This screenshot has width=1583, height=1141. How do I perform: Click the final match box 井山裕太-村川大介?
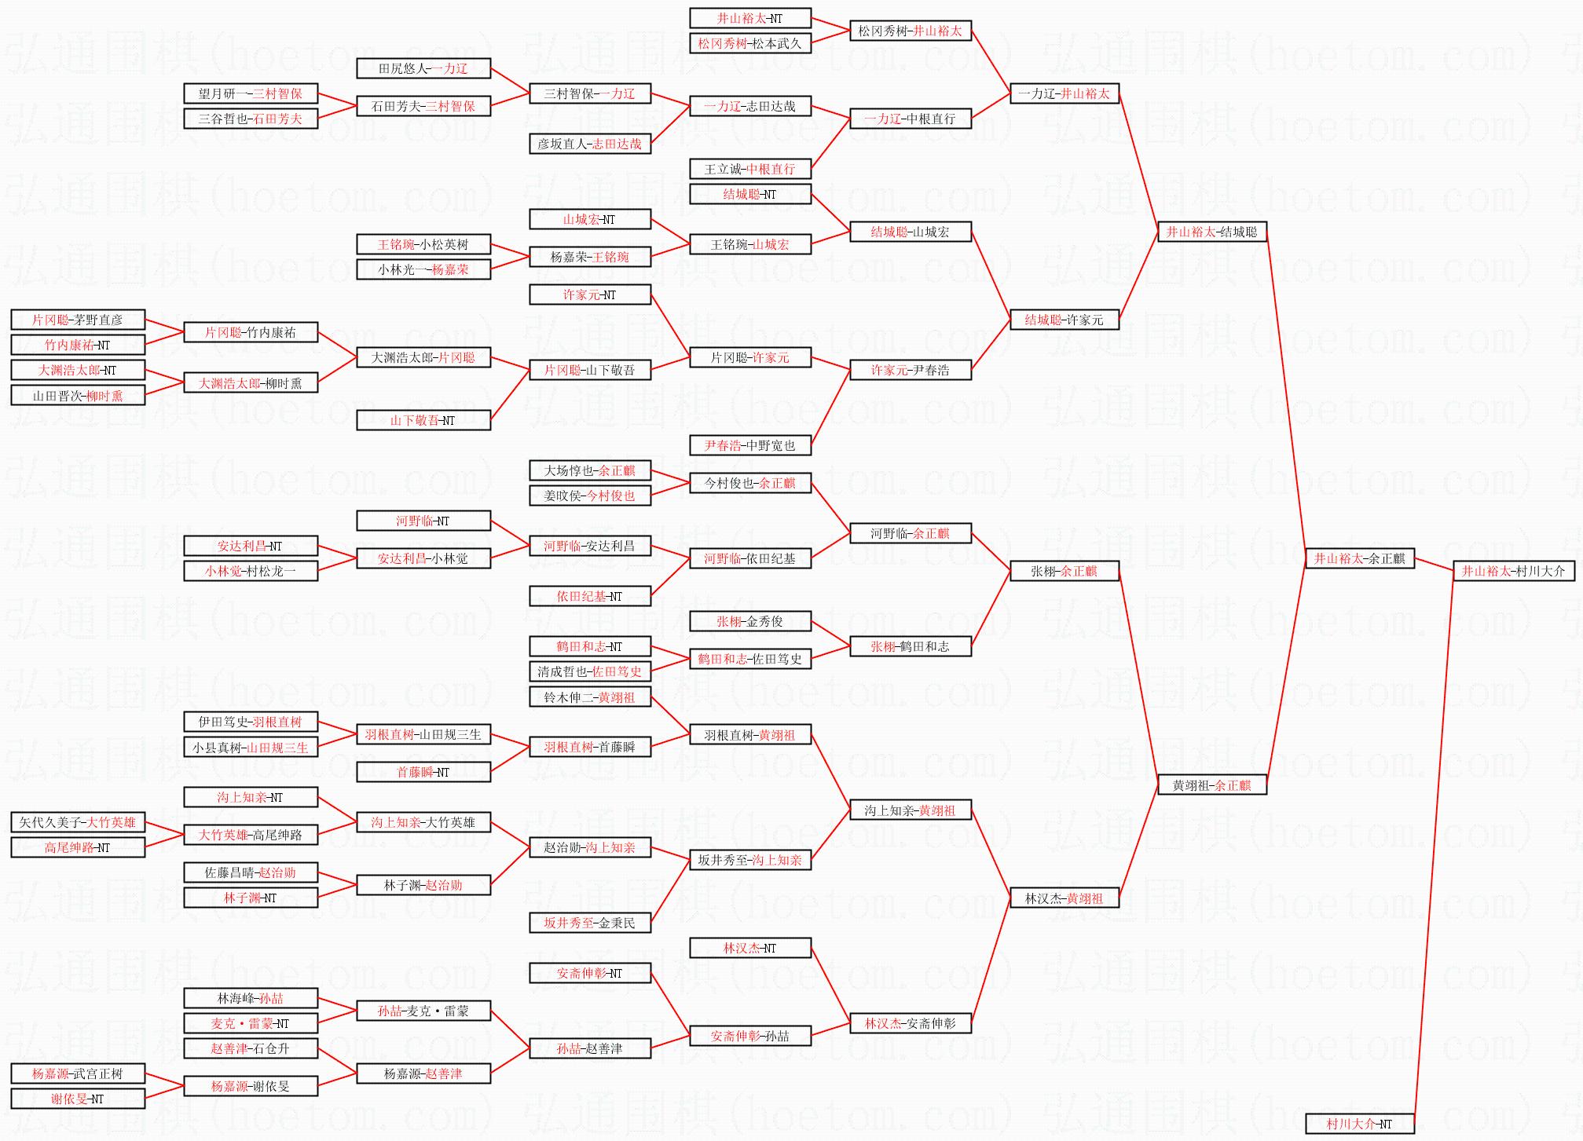(1513, 572)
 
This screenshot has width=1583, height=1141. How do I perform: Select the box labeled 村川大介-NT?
(1359, 1124)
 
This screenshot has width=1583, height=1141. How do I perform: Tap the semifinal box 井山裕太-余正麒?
(1359, 559)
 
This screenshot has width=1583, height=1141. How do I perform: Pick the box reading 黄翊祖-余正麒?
(1211, 785)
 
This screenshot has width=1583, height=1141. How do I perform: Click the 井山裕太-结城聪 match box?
(1211, 232)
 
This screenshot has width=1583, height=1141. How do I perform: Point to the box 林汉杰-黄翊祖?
(1064, 898)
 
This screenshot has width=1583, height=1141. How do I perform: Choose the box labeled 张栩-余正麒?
(1064, 572)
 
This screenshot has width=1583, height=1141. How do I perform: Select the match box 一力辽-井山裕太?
(1064, 94)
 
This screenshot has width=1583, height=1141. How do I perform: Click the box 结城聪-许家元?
(1064, 320)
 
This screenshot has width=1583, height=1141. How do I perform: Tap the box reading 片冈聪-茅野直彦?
(77, 320)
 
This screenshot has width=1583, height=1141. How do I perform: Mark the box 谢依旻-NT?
(77, 1099)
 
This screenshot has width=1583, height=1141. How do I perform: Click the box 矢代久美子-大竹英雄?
(77, 823)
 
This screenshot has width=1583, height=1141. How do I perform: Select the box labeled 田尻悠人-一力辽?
(423, 69)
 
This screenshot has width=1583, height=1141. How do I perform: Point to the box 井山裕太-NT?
(749, 19)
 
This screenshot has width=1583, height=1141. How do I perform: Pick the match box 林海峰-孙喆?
(250, 999)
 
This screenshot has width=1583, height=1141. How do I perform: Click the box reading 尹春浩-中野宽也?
(749, 446)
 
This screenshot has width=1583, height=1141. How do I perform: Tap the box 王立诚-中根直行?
(749, 170)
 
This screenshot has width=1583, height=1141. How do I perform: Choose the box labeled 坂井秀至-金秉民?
(589, 923)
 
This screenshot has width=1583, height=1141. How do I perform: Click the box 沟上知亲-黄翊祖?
(910, 810)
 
